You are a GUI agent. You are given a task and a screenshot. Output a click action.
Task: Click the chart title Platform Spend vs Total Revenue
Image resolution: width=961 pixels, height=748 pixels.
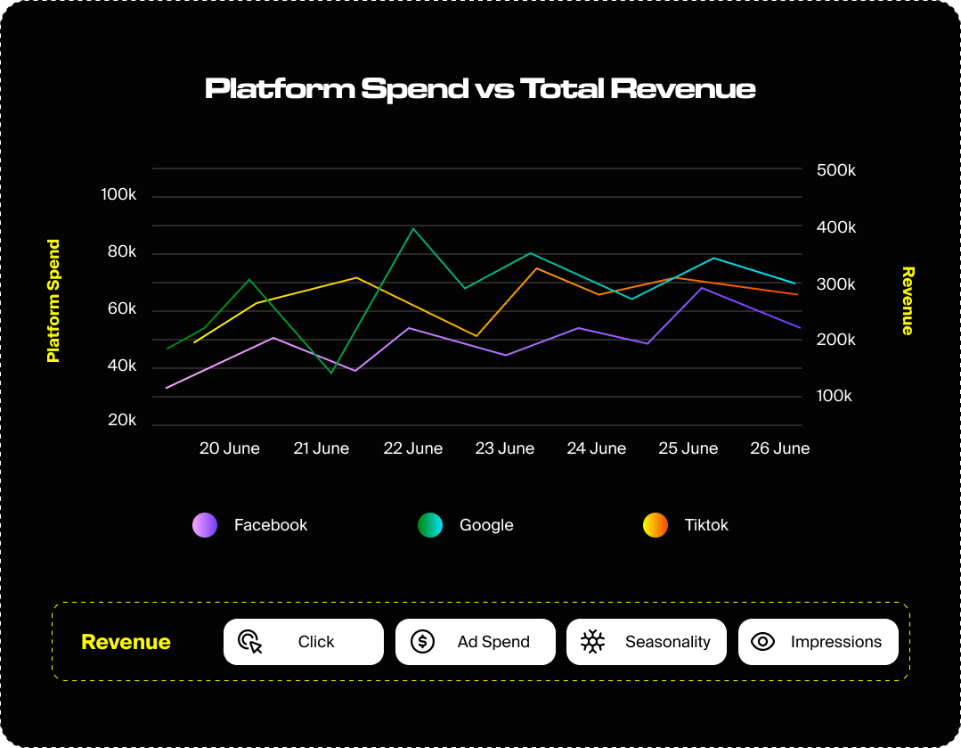480,89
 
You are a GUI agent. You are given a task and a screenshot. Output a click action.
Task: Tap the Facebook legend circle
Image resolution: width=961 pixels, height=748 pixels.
205,525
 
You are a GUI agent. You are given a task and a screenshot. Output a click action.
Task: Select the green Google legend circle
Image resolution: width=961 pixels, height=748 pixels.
430,525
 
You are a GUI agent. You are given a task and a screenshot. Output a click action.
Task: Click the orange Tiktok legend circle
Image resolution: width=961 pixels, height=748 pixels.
656,525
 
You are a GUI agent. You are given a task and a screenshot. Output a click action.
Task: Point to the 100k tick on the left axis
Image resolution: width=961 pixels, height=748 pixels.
118,194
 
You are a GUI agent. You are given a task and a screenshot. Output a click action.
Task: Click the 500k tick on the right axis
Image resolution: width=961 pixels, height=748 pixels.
836,170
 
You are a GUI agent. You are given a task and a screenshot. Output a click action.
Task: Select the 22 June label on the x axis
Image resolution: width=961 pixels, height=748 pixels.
413,448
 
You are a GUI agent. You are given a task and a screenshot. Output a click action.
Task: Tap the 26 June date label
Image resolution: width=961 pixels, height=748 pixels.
779,448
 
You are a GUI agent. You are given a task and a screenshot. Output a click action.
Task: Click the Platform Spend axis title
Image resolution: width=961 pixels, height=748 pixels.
53,300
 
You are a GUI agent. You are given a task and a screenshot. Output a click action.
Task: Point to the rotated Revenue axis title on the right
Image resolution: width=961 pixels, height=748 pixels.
908,300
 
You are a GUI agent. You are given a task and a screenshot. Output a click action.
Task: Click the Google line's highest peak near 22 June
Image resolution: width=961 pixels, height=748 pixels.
413,229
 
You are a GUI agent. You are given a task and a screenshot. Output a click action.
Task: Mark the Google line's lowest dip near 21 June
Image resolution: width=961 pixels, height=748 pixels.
331,373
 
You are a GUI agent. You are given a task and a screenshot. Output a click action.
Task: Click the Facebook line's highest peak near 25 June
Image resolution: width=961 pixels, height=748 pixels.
703,288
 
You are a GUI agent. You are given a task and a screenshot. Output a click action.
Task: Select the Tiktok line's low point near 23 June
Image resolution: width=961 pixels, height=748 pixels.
476,335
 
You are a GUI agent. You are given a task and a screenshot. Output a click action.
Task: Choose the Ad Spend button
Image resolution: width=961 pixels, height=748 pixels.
475,642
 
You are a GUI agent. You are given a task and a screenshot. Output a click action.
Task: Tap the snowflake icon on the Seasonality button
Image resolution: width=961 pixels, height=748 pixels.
592,642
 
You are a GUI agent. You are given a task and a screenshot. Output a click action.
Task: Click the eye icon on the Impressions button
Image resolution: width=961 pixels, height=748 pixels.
763,642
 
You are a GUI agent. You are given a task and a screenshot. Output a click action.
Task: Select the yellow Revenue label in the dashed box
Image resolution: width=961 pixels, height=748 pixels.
126,642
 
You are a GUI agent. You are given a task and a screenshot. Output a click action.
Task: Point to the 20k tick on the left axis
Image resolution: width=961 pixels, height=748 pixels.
122,420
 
